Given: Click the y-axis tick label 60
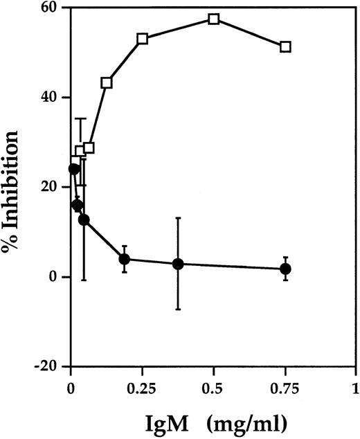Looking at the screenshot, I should (x=50, y=8).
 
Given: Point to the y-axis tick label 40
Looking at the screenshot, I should (x=50, y=98).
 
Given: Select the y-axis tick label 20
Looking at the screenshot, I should (x=50, y=188).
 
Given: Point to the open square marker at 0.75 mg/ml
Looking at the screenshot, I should (x=285, y=46).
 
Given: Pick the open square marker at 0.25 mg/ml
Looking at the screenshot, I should (x=142, y=39).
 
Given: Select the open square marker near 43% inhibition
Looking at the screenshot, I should (x=107, y=83).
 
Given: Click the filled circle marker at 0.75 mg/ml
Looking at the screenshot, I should (x=285, y=269).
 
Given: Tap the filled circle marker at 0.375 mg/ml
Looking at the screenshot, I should (x=178, y=264).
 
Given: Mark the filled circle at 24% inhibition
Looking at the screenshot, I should (x=73, y=169).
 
